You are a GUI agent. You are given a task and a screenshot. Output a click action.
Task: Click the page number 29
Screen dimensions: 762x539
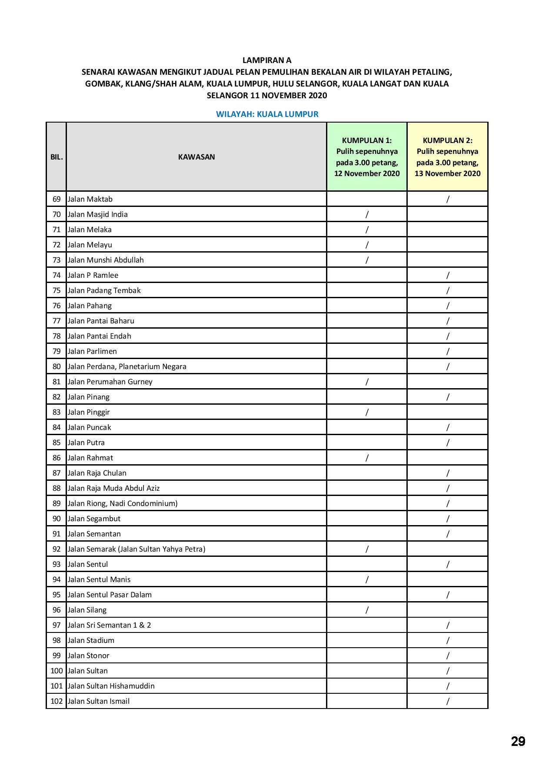tap(518, 741)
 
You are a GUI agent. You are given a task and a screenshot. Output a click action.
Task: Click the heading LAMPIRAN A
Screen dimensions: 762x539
tap(266, 60)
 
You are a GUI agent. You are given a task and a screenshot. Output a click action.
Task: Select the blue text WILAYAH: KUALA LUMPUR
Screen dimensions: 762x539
tap(267, 114)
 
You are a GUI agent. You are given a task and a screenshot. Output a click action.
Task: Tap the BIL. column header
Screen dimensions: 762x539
tap(57, 157)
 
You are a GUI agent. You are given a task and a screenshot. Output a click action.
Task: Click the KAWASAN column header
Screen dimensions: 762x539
tap(196, 157)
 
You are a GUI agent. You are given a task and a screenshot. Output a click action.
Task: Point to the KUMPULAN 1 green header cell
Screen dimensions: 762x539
tap(367, 156)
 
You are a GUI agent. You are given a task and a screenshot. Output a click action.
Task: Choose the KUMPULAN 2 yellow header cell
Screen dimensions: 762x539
tap(447, 156)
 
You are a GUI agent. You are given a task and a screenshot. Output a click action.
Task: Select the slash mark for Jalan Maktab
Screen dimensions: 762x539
tap(448, 199)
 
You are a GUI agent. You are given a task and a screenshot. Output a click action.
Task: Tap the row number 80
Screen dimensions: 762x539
tap(57, 366)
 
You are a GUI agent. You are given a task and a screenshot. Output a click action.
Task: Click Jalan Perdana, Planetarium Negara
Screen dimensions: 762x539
tap(127, 366)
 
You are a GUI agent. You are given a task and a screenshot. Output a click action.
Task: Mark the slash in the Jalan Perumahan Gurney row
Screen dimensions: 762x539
tap(367, 382)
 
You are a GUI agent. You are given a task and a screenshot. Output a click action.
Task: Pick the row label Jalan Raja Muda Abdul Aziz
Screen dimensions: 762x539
tap(113, 488)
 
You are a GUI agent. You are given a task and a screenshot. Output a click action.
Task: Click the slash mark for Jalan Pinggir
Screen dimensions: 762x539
tap(367, 412)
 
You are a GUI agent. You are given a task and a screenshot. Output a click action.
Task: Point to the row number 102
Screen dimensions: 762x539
tap(57, 701)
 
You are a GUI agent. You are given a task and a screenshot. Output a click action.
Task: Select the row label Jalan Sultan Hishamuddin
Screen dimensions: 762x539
tap(111, 686)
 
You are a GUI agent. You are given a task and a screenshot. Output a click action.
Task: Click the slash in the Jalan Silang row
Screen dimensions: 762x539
tap(367, 610)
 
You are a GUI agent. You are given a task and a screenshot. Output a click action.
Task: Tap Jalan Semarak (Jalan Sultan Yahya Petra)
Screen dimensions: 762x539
tap(136, 549)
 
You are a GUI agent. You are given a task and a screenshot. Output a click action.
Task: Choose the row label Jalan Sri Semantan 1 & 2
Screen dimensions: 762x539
tap(109, 625)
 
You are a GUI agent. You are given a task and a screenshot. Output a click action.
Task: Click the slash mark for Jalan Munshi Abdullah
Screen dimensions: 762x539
tap(367, 260)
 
